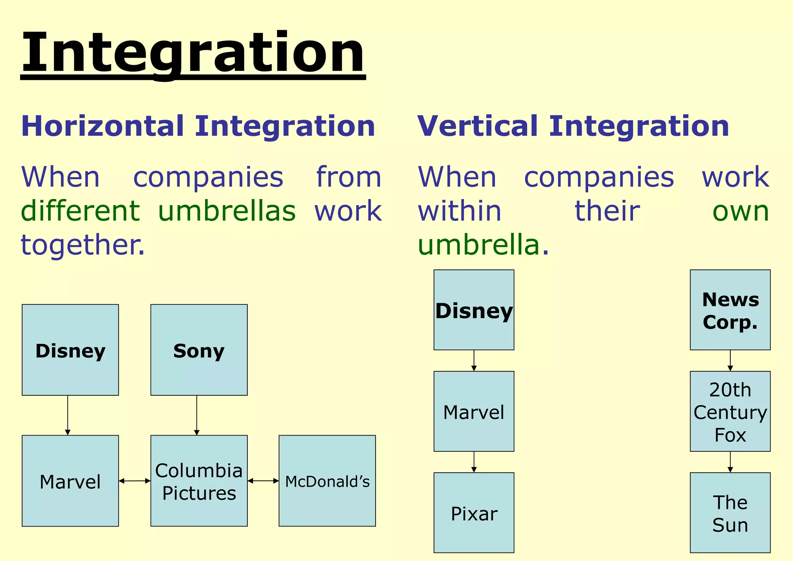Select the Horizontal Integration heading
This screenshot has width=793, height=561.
(198, 126)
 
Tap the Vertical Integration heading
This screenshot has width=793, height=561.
(573, 126)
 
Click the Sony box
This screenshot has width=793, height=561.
(199, 350)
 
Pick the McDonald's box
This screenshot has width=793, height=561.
(327, 480)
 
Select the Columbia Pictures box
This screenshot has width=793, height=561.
(199, 480)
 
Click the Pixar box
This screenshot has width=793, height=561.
(474, 512)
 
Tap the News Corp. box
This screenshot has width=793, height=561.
(730, 310)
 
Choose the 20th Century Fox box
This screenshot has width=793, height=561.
(730, 411)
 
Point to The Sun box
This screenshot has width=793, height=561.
(730, 512)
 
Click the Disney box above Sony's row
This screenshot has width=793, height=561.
(70, 350)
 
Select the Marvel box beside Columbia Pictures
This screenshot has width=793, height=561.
(70, 480)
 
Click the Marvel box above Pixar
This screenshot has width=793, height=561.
(474, 411)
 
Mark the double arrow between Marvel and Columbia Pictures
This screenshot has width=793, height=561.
(134, 481)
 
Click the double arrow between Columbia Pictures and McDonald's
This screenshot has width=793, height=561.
(263, 481)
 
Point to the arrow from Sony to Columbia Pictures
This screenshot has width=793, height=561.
(197, 415)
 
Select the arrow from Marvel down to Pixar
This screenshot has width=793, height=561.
(474, 461)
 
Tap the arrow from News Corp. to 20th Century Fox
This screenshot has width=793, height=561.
(730, 360)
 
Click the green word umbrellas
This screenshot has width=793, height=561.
(227, 211)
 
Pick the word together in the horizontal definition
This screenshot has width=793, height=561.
(82, 245)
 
